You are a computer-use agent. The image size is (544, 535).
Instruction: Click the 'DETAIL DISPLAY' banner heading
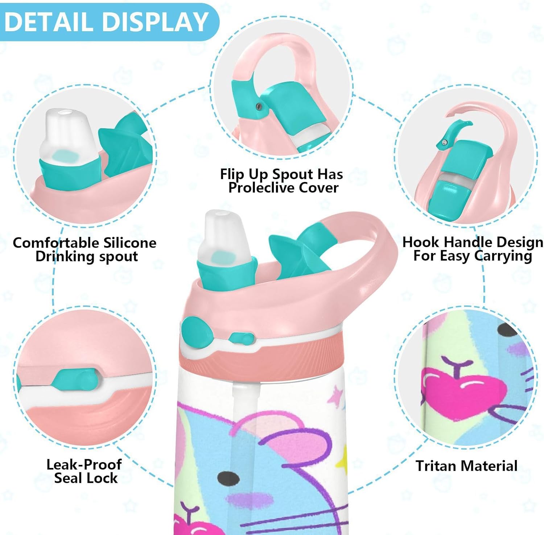coord(106,22)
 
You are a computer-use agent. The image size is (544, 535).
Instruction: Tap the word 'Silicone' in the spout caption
coord(130,242)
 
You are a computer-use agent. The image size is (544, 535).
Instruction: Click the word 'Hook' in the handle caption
coord(421,242)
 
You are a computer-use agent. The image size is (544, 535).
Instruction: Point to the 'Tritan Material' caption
coord(466,466)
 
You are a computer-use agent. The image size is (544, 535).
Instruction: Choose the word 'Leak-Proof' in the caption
coord(84,464)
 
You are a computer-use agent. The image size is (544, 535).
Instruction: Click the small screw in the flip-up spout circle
coord(259,106)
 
